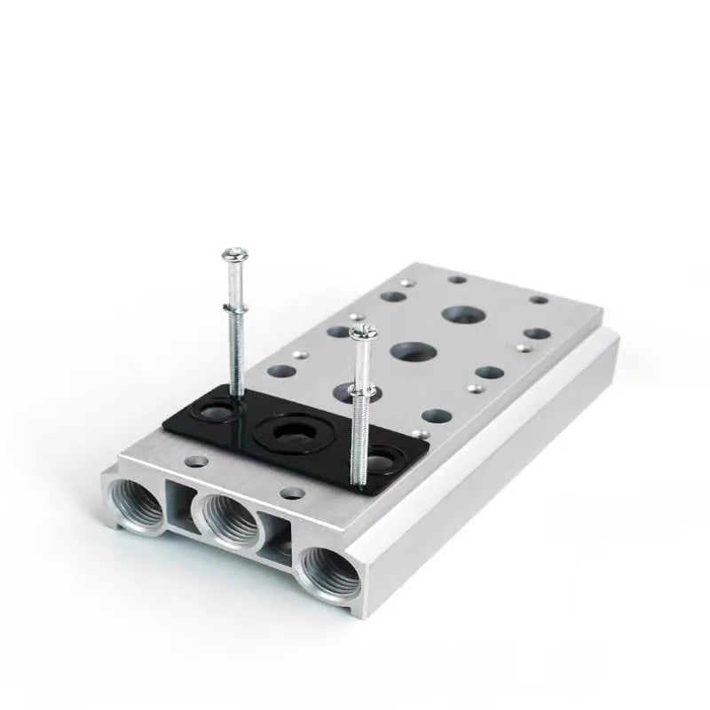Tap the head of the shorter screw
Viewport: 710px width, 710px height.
359,333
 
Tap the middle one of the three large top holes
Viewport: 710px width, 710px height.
407,351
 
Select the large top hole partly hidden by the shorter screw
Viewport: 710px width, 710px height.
348,390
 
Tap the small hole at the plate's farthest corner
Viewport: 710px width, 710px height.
458,279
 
